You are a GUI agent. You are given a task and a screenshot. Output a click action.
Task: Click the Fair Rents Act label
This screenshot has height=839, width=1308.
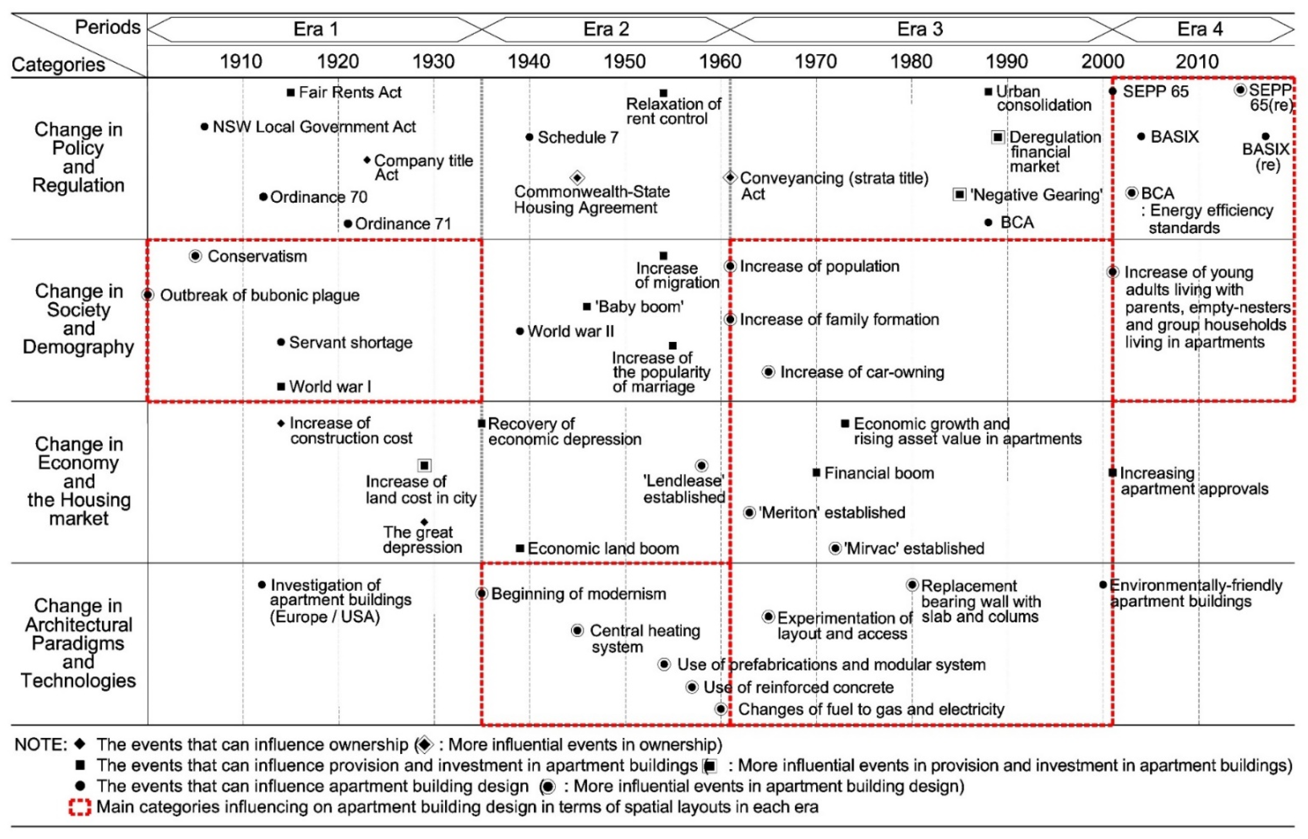click(x=350, y=92)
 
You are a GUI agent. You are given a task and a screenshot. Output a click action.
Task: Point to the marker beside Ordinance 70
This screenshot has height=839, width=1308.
click(x=263, y=197)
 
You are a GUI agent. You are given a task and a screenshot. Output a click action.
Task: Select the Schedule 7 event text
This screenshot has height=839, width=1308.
click(x=578, y=137)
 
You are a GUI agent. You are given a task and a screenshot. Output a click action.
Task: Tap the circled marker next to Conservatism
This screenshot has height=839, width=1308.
click(x=195, y=256)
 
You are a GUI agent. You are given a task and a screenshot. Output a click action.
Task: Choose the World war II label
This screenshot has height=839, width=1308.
click(x=570, y=331)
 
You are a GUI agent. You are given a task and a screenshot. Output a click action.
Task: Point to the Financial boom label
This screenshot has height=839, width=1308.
click(x=879, y=473)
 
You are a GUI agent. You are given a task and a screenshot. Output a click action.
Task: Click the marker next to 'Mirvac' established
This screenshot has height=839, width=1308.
click(x=835, y=548)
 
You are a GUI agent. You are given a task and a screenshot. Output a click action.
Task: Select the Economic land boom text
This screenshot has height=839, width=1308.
click(x=603, y=548)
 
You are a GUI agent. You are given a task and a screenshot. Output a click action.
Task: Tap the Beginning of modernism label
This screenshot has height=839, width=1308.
click(x=578, y=594)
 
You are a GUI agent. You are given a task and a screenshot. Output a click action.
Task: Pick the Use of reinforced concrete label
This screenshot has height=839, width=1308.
click(x=798, y=688)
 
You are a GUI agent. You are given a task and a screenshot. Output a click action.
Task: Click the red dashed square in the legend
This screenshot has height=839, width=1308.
click(x=79, y=807)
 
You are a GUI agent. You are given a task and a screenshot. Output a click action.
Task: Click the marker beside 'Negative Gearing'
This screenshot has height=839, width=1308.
click(x=959, y=194)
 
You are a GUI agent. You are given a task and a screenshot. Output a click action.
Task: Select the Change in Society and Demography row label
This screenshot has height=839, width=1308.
click(x=79, y=319)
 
